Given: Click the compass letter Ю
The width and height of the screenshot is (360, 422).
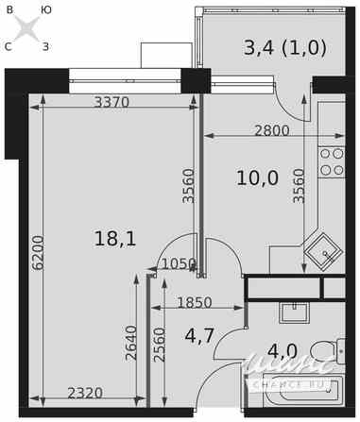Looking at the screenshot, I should [x=46, y=9].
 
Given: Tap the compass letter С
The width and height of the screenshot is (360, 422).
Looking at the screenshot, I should [x=9, y=45].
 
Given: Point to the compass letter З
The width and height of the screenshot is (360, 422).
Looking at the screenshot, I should [x=46, y=45].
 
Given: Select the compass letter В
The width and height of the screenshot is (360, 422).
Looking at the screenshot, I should [x=9, y=9].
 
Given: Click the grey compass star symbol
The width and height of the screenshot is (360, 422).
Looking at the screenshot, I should [x=27, y=27].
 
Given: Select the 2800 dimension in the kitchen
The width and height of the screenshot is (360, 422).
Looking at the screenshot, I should [x=271, y=131].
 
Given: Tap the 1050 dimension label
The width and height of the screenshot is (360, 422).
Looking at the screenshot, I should [x=179, y=264].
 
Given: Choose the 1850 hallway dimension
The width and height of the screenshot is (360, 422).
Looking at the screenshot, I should [x=196, y=302].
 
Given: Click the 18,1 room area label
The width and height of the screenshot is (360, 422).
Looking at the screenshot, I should [x=115, y=239].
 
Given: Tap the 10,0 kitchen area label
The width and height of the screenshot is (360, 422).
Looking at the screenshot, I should [x=257, y=177].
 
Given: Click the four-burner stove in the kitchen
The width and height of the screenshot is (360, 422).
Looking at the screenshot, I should [x=332, y=161].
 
